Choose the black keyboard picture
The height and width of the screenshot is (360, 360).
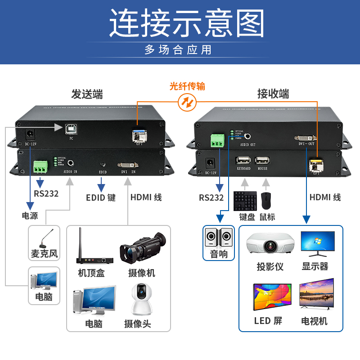[245, 201]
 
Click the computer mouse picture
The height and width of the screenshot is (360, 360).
[266, 200]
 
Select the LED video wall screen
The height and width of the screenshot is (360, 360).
[272, 297]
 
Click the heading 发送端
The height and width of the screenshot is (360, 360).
[87, 94]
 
